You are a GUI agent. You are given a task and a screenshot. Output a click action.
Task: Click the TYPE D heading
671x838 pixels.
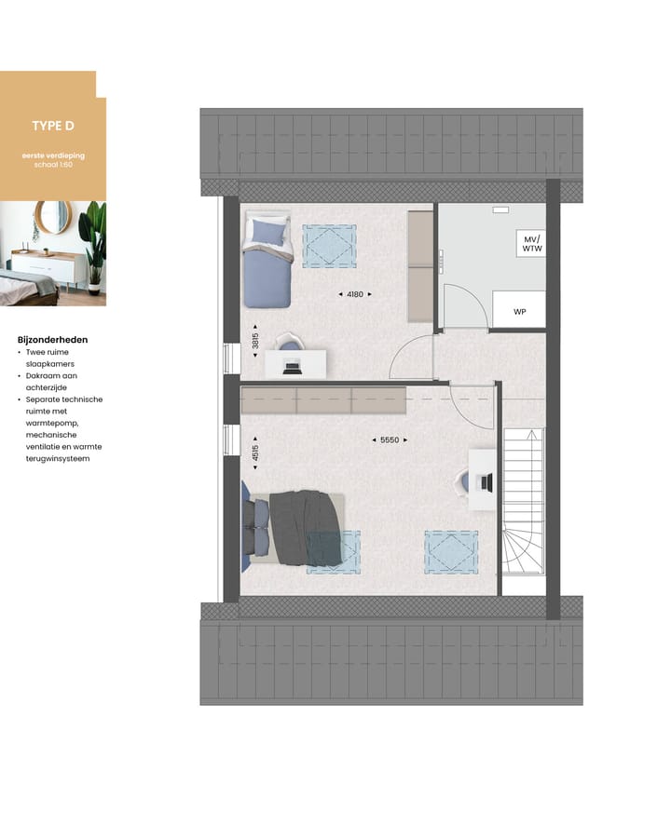[x=53, y=127]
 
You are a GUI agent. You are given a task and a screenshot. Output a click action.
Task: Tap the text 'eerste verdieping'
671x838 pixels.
[x=53, y=155]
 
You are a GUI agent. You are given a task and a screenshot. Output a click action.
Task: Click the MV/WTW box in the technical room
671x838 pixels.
[x=531, y=245]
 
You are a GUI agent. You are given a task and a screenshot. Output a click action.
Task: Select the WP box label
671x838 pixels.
[x=519, y=312]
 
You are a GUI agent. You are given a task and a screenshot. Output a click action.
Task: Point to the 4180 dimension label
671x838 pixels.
[x=354, y=294]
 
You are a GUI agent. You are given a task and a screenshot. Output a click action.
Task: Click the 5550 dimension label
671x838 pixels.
[x=390, y=439]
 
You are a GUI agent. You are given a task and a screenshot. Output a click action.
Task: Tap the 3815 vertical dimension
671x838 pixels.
[x=255, y=342]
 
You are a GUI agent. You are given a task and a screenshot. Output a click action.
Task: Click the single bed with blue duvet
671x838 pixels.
[x=268, y=263]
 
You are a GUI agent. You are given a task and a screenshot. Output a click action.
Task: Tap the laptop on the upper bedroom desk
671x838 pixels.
[x=292, y=365]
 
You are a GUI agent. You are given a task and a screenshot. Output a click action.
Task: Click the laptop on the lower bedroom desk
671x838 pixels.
[x=483, y=481]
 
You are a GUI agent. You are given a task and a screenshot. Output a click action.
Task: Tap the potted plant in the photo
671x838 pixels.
[x=94, y=242]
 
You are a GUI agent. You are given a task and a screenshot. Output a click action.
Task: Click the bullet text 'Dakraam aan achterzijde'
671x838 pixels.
[x=55, y=382]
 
